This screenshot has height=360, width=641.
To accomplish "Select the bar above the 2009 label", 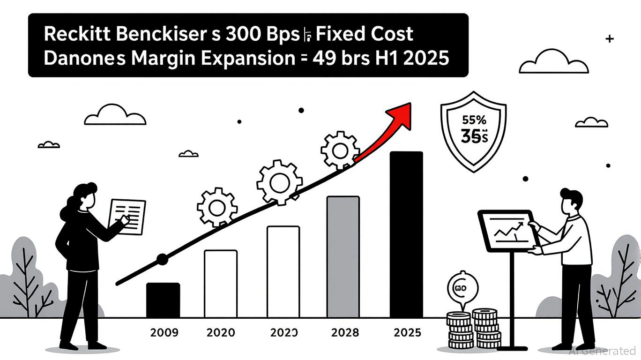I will click(163, 300).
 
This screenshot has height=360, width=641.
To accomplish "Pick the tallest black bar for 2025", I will click(406, 234).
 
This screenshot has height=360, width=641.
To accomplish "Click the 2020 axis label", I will click(221, 333).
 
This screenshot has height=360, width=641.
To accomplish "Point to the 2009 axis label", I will click(164, 333).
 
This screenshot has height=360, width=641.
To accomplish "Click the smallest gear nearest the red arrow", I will click(340, 150).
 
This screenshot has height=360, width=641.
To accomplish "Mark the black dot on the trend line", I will click(162, 258).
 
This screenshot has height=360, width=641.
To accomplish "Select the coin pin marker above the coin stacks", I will click(463, 288).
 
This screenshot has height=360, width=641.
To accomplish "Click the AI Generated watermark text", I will click(603, 351).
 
